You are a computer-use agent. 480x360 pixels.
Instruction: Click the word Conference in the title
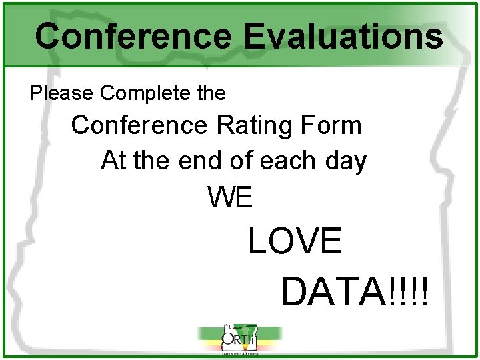[135, 36]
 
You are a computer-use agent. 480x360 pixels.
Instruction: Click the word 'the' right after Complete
[211, 93]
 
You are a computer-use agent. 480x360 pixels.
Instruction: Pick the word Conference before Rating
[139, 125]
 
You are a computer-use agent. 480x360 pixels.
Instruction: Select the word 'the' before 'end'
[150, 161]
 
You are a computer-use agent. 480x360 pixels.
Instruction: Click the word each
[288, 161]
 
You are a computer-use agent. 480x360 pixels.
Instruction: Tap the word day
[346, 162]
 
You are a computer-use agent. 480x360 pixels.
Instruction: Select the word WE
[230, 197]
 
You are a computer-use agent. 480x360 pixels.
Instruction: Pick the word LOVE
[295, 241]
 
